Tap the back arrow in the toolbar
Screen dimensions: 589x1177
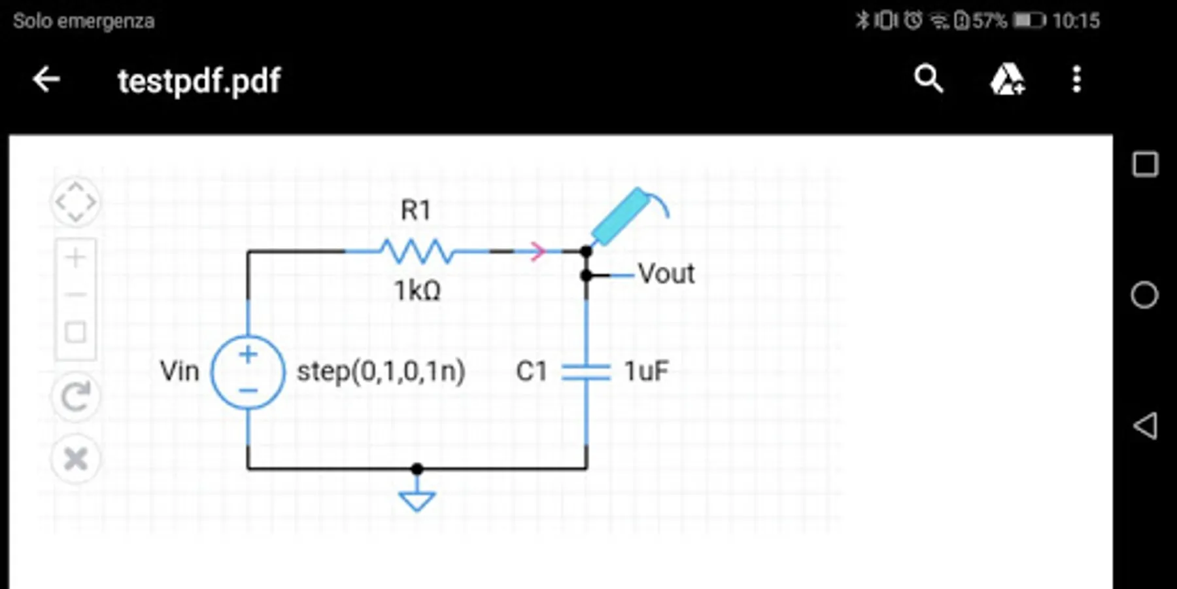click(46, 80)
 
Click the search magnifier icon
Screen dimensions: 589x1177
click(929, 80)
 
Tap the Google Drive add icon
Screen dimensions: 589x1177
click(1007, 80)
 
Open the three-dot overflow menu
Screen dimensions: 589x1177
click(1076, 80)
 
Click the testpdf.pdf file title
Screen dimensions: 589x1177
click(199, 81)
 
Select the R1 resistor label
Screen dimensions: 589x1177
click(416, 211)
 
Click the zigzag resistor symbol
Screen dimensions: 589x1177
click(417, 251)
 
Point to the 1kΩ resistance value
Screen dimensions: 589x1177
click(417, 291)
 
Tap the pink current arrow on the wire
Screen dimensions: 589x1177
click(537, 251)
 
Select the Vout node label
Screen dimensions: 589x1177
click(666, 274)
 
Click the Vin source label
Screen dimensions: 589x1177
click(179, 371)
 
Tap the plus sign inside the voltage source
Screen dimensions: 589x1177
click(248, 355)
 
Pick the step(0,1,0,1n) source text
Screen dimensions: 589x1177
click(381, 372)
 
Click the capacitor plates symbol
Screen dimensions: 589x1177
click(586, 372)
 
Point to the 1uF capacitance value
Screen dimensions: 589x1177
click(646, 372)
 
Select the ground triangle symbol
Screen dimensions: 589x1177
click(417, 501)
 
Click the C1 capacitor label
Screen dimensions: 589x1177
click(531, 372)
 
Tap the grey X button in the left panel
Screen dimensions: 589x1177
click(76, 459)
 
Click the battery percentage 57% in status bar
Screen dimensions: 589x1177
click(989, 21)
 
